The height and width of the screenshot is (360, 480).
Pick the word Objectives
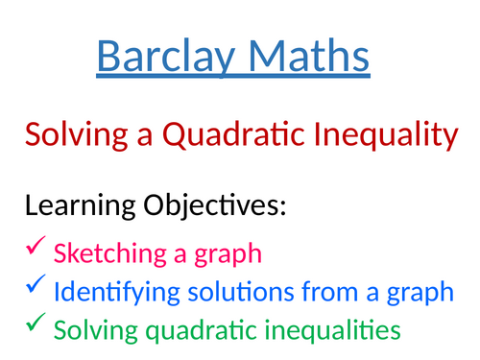[x=213, y=204]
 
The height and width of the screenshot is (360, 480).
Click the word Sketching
[x=107, y=254]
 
